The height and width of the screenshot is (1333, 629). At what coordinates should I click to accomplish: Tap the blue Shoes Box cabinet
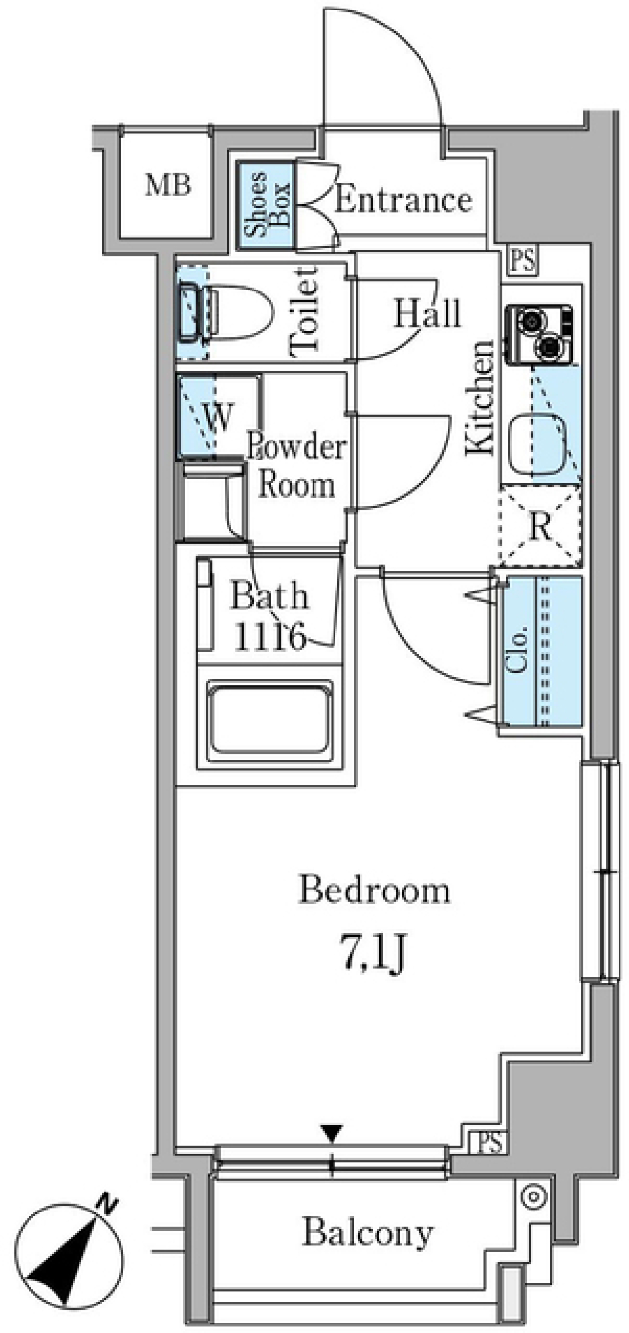click(x=266, y=206)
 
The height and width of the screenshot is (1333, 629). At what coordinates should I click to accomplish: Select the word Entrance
click(x=403, y=200)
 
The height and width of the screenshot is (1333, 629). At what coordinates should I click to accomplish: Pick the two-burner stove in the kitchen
click(x=538, y=333)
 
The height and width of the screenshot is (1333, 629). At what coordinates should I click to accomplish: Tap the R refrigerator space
click(x=541, y=525)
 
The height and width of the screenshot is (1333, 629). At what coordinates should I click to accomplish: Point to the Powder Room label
click(x=296, y=466)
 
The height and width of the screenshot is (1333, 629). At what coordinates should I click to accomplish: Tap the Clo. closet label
click(x=518, y=650)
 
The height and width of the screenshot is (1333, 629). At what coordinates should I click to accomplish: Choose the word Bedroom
click(x=375, y=891)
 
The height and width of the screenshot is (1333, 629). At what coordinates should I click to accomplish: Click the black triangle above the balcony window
click(x=332, y=1132)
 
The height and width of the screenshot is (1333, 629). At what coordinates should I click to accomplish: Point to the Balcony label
click(x=368, y=1233)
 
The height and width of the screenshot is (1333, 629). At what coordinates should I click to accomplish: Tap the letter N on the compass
click(x=106, y=1201)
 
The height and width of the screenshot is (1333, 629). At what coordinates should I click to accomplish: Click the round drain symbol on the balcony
click(x=534, y=1197)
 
